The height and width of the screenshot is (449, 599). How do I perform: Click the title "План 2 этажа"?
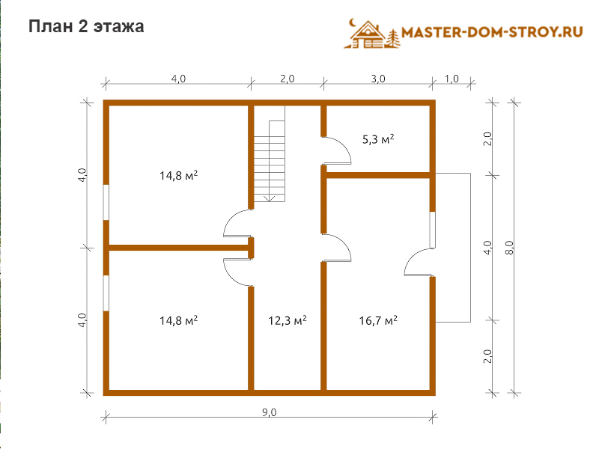pyautogui.click(x=86, y=27)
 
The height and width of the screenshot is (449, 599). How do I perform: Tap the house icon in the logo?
pyautogui.click(x=367, y=35)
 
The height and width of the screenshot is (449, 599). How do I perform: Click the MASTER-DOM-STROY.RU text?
pyautogui.click(x=492, y=31)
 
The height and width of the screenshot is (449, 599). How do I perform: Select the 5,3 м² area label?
pyautogui.click(x=378, y=139)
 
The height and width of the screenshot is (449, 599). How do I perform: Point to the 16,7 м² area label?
pyautogui.click(x=378, y=320)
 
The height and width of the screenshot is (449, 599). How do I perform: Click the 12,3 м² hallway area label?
pyautogui.click(x=288, y=320)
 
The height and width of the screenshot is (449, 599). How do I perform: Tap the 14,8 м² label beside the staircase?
pyautogui.click(x=178, y=176)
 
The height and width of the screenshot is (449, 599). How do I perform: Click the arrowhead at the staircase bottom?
pyautogui.click(x=270, y=198)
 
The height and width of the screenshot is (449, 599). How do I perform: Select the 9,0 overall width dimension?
pyautogui.click(x=270, y=412)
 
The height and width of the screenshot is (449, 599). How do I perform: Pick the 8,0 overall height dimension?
pyautogui.click(x=510, y=248)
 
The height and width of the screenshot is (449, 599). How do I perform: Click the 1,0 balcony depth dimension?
pyautogui.click(x=451, y=79)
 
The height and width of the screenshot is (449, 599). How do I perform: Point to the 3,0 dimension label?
pyautogui.click(x=378, y=79)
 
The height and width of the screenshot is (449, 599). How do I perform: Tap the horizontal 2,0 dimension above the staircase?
pyautogui.click(x=288, y=79)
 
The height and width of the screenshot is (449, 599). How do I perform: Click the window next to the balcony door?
pyautogui.click(x=433, y=230)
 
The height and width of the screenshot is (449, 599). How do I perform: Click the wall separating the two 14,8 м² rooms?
pyautogui.click(x=179, y=248)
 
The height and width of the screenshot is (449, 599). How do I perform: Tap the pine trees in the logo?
pyautogui.click(x=393, y=39)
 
